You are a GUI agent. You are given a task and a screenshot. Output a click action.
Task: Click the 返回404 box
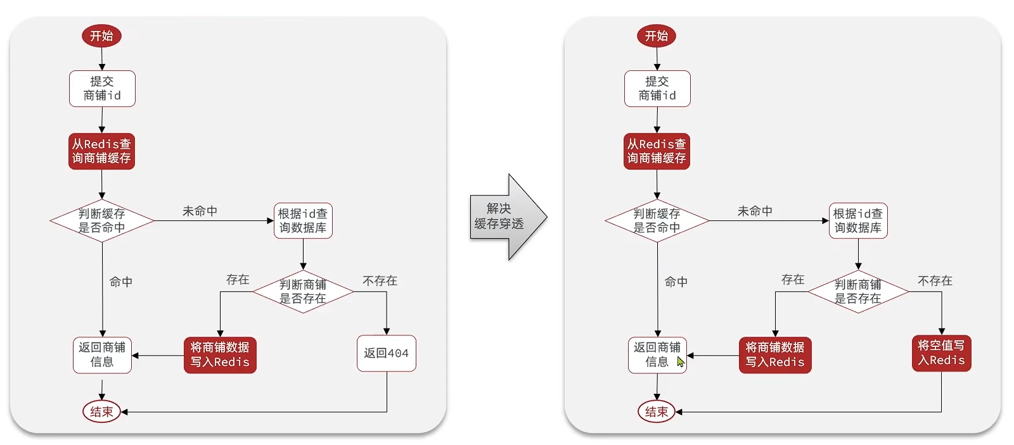[386, 353]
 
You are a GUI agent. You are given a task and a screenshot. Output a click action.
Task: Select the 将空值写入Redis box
[941, 353]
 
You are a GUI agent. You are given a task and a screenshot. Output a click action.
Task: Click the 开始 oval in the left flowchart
[101, 36]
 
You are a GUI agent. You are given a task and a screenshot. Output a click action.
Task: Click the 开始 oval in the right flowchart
[657, 36]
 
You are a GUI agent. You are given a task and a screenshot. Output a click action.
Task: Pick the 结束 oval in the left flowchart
[101, 411]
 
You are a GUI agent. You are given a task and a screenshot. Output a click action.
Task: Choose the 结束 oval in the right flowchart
[657, 411]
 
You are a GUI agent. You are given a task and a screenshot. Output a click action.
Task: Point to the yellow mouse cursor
[680, 361]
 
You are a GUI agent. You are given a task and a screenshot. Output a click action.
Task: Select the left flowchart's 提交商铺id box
[102, 89]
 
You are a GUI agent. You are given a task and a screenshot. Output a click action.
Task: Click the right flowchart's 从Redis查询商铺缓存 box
[657, 151]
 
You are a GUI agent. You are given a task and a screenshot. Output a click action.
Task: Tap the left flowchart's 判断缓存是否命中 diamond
[102, 221]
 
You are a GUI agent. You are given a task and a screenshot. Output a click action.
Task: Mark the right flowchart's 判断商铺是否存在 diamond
[858, 291]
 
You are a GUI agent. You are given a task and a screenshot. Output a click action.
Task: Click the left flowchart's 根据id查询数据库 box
[303, 221]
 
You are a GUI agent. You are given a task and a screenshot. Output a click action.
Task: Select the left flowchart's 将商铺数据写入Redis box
[220, 355]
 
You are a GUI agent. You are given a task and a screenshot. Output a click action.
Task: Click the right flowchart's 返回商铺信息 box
[657, 355]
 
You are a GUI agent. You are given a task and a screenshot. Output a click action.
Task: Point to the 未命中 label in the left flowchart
[200, 211]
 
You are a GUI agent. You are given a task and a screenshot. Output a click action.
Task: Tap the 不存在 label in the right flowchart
[935, 280]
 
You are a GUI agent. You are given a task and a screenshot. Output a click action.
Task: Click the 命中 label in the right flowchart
[676, 282]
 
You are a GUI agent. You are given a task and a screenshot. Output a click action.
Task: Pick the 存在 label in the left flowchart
[238, 279]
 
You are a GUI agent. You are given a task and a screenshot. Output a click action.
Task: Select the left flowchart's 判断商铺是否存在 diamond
[303, 291]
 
